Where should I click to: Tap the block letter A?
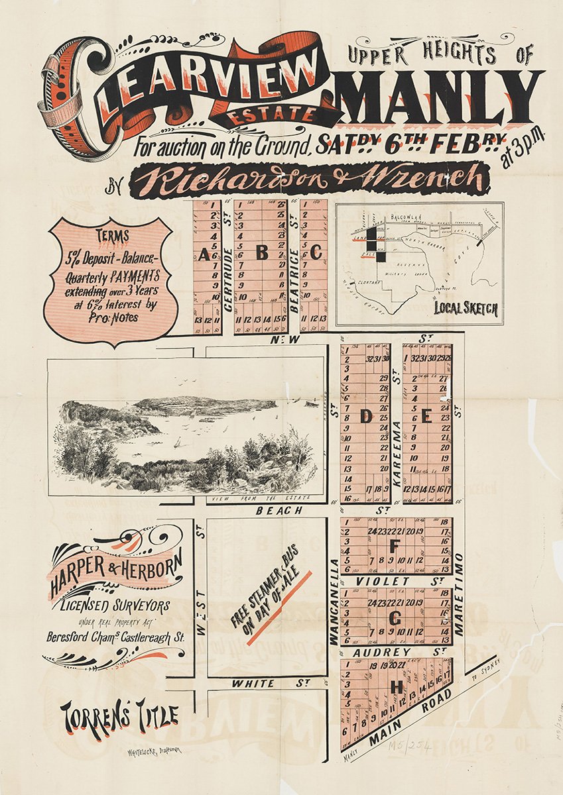[x=204, y=255]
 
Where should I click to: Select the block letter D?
[x=365, y=417]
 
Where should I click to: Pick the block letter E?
[x=426, y=417]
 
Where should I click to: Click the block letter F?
[x=395, y=546]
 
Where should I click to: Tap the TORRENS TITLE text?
[x=119, y=717]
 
